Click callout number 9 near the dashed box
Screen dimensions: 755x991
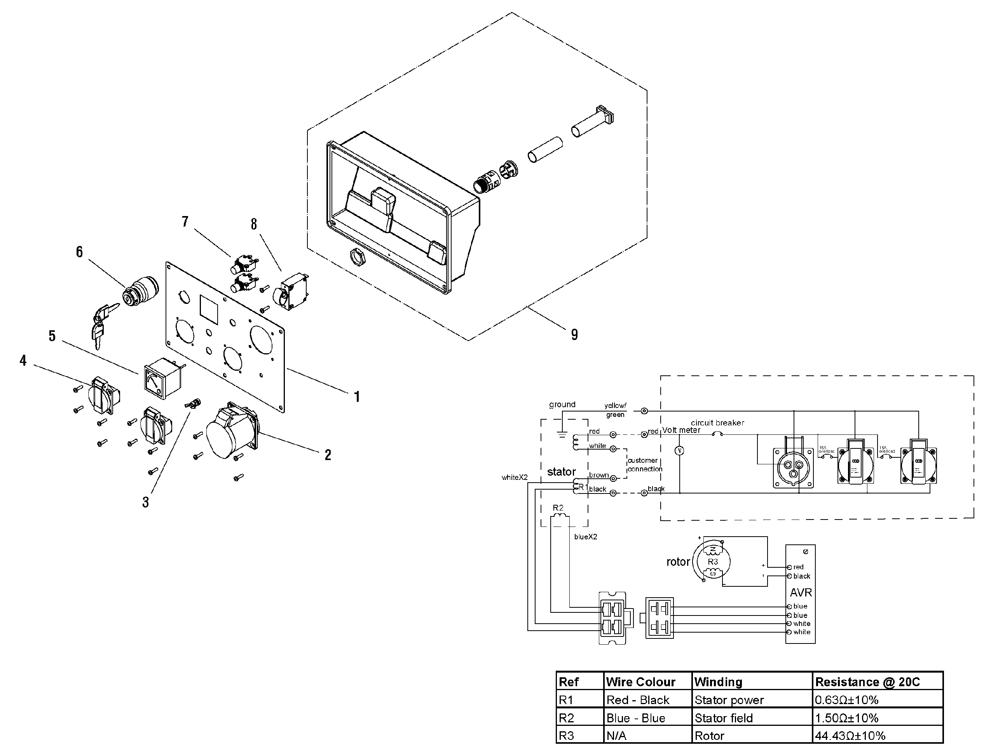574,334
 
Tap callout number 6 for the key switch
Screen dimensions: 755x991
79,252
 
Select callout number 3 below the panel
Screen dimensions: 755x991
145,502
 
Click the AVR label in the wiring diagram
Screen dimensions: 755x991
801,592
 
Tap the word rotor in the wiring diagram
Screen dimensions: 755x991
678,562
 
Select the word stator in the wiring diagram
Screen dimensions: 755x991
561,472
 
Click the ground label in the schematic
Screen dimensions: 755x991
562,405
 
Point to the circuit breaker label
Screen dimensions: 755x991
717,423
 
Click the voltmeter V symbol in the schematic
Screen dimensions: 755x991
680,451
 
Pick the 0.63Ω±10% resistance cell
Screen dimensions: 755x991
847,700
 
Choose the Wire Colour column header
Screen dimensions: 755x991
640,682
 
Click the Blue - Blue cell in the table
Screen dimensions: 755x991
635,718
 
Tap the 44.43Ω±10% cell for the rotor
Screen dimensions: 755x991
850,736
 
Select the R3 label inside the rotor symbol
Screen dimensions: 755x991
713,562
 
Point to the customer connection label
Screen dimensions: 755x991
644,465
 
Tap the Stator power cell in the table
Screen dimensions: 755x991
729,700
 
